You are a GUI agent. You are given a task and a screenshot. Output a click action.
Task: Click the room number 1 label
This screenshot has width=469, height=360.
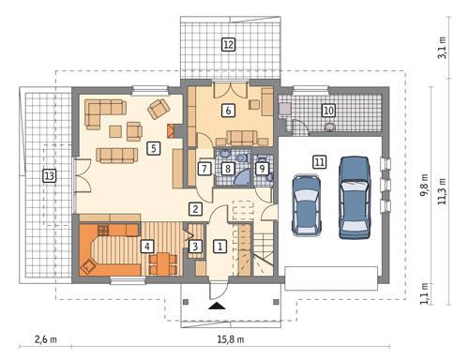[219, 247]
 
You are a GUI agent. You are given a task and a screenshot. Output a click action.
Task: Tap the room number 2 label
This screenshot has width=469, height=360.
[195, 208]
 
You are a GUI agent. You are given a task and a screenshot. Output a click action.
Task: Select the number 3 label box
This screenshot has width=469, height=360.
[195, 247]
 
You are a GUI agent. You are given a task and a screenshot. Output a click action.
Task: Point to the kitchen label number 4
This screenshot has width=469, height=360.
[146, 247]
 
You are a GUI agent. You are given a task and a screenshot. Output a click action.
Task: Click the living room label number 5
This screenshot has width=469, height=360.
[153, 147]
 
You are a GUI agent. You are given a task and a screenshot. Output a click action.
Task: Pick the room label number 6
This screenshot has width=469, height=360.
[227, 111]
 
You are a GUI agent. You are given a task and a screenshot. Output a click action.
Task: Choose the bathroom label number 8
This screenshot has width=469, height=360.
[228, 169]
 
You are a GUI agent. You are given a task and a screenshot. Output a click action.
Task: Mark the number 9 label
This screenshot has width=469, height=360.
[263, 169]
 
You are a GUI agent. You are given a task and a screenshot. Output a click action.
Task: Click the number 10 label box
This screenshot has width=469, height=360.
[328, 111]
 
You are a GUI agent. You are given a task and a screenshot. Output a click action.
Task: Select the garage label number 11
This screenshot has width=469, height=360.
[319, 161]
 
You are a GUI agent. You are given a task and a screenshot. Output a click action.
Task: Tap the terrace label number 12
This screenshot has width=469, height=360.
[228, 43]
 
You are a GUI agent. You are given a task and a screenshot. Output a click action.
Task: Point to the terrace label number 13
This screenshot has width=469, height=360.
[49, 174]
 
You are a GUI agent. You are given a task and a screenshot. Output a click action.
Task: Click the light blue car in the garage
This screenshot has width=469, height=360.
[307, 203]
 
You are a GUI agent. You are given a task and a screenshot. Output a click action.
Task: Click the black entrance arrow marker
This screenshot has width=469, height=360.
[217, 306]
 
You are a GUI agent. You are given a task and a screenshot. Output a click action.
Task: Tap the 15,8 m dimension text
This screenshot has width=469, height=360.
[230, 338]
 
